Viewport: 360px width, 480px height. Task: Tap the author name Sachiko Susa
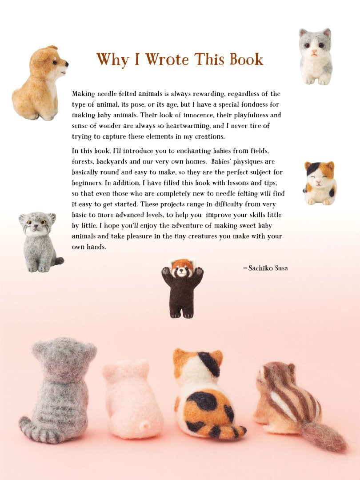coord(268,268)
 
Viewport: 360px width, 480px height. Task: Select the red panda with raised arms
coord(183,288)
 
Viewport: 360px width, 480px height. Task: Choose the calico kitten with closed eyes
coord(320,183)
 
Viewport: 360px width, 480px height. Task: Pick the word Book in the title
coord(246,59)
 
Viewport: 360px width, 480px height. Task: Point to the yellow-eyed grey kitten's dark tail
coord(58,261)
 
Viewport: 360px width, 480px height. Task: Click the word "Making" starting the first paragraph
coord(84,94)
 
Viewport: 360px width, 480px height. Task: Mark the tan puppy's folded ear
coord(52,48)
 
